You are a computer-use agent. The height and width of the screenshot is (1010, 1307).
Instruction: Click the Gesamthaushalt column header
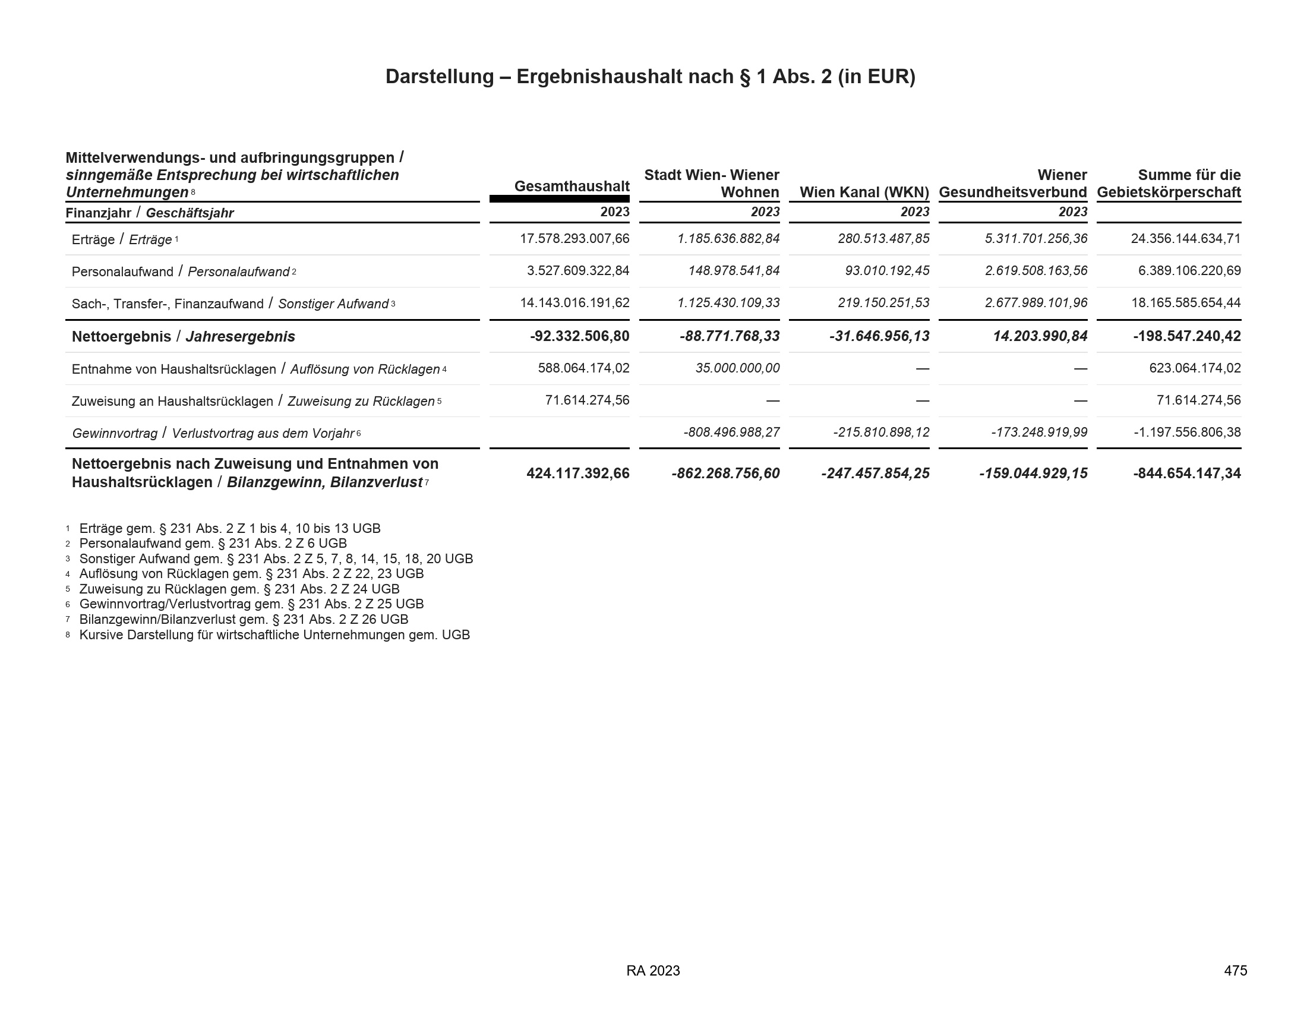(572, 186)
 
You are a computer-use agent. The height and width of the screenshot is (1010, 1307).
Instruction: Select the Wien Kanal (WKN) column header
(864, 192)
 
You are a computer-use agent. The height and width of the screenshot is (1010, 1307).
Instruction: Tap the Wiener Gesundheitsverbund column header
(1012, 184)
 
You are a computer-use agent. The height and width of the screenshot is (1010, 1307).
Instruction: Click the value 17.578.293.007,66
(574, 239)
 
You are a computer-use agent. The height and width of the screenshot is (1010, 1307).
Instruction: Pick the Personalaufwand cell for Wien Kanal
(887, 271)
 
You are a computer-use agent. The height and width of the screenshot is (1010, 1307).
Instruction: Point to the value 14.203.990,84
(1040, 336)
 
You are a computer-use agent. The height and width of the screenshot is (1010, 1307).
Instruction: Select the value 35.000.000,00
(737, 368)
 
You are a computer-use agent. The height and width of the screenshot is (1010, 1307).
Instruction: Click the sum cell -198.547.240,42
(1187, 336)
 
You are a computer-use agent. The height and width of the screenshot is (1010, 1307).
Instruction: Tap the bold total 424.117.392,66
(577, 474)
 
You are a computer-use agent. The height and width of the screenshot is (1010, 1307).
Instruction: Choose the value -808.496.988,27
(731, 432)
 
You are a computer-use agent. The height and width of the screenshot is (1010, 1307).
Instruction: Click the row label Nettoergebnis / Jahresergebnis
(183, 336)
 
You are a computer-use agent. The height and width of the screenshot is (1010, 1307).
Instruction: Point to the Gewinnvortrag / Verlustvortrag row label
(216, 433)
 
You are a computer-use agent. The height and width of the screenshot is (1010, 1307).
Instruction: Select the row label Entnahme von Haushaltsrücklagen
(173, 369)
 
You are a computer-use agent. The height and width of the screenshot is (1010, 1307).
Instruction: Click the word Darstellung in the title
(439, 77)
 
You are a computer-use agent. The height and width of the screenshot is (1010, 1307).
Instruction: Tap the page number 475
(1235, 971)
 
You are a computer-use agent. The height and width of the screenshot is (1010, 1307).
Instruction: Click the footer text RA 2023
(653, 971)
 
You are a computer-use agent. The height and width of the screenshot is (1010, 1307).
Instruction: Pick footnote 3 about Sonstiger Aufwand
(275, 559)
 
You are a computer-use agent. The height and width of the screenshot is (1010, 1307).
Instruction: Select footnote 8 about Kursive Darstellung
(274, 635)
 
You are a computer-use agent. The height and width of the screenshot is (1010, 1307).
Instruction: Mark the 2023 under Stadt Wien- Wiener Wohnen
(765, 212)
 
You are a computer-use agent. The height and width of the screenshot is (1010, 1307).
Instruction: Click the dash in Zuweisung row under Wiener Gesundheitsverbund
(1079, 401)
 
